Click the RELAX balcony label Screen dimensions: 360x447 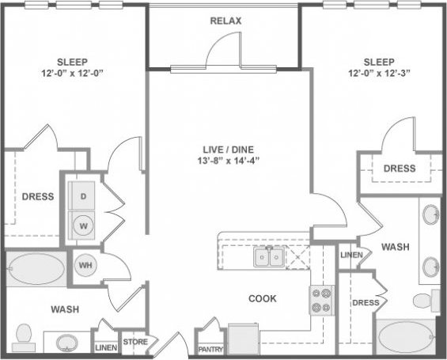point(225,21)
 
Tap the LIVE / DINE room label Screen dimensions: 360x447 point(225,147)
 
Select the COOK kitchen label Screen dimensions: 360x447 point(262,300)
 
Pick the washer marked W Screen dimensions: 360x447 point(82,224)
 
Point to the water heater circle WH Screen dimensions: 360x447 point(85,265)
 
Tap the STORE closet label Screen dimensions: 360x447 point(135,343)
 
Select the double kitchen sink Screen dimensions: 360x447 point(267,257)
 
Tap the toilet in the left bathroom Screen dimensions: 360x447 point(24,335)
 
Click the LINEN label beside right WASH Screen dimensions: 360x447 point(351,255)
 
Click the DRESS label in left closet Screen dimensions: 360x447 point(37,196)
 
